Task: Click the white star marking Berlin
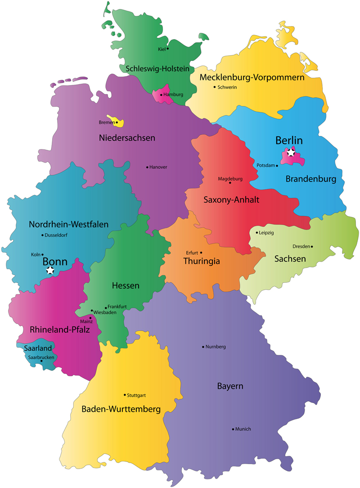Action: coord(291,153)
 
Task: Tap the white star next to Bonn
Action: coord(50,270)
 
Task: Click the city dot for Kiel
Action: coord(168,49)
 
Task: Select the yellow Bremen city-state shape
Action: coord(120,122)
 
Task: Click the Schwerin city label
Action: coord(227,87)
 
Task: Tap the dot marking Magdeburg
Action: coord(230,183)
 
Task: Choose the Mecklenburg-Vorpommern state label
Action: coord(252,78)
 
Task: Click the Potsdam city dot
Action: coord(277,166)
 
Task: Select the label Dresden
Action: coord(301,246)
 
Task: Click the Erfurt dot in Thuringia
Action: coord(201,253)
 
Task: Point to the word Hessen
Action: coord(126,285)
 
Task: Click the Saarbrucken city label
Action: coord(41,357)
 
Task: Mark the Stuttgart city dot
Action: coord(125,395)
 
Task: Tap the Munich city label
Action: coord(243,429)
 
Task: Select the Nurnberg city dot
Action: coord(203,347)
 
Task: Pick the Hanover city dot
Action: coord(147,167)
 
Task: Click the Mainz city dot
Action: coord(90,317)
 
